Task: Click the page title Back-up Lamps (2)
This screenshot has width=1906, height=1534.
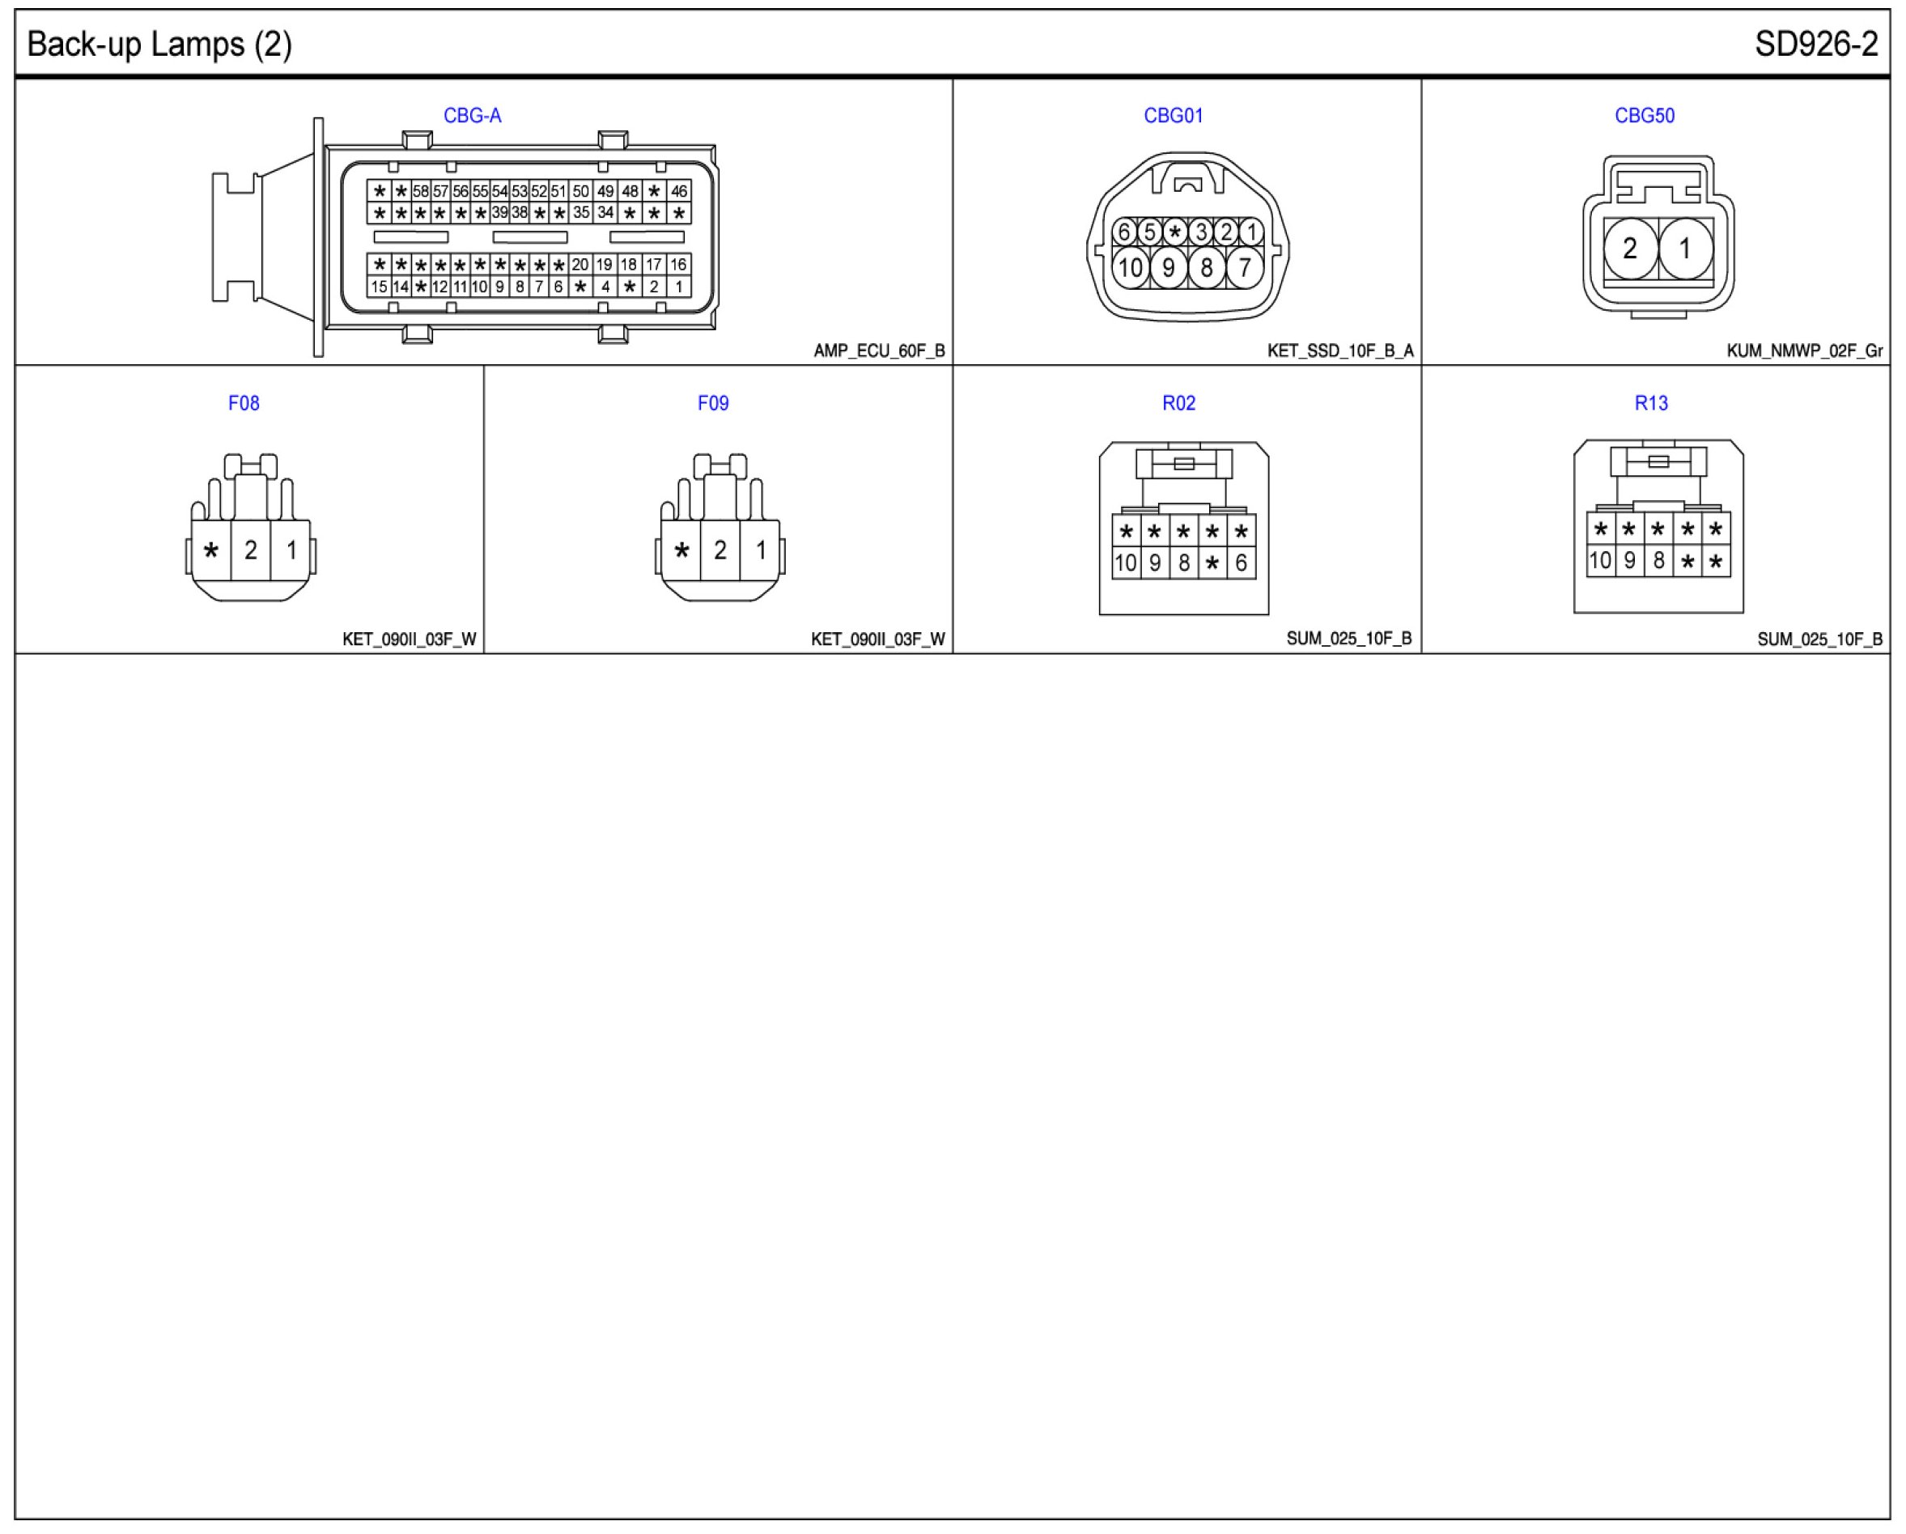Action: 159,45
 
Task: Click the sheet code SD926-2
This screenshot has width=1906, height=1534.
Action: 1816,45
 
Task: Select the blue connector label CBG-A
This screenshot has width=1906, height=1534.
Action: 472,116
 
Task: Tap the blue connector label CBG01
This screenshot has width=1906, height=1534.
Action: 1173,116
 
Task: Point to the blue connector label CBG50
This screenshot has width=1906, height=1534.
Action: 1645,116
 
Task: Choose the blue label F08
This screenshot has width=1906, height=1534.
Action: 244,403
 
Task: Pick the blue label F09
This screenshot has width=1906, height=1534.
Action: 712,403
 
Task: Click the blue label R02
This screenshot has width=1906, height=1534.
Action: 1178,403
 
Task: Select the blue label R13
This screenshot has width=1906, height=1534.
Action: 1650,403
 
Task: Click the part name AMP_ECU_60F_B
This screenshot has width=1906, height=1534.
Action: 879,351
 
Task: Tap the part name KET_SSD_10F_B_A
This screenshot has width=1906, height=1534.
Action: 1340,351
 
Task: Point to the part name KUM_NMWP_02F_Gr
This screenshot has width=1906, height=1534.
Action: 1804,351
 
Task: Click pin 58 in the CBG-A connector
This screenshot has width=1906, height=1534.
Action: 421,191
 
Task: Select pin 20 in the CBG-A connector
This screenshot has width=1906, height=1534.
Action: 580,265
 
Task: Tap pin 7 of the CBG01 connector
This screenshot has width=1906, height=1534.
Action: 1244,267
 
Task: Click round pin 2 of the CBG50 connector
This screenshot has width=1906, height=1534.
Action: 1630,249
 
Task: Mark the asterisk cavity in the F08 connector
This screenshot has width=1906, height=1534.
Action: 211,550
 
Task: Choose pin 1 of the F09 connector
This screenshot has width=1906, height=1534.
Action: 760,550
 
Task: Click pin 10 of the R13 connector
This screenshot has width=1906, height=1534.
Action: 1600,560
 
